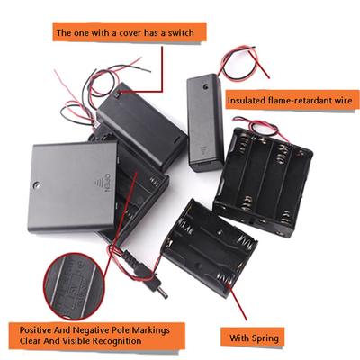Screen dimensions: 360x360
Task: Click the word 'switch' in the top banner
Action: pyautogui.click(x=180, y=32)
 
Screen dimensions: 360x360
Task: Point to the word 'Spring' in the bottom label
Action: pyautogui.click(x=265, y=338)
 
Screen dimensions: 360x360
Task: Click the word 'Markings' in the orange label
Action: pyautogui.click(x=151, y=330)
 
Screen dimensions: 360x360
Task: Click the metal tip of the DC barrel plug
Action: pyautogui.click(x=163, y=293)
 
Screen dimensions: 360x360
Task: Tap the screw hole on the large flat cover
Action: pyautogui.click(x=37, y=184)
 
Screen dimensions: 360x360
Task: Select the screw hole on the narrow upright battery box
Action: pyautogui.click(x=205, y=87)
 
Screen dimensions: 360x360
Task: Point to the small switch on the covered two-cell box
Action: pyautogui.click(x=117, y=95)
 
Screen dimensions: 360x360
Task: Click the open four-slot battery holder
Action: pyautogui.click(x=263, y=183)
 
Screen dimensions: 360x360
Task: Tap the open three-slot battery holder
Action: pyautogui.click(x=210, y=247)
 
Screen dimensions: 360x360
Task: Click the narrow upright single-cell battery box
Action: pyautogui.click(x=205, y=123)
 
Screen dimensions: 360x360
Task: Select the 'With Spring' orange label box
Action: pyautogui.click(x=253, y=337)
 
